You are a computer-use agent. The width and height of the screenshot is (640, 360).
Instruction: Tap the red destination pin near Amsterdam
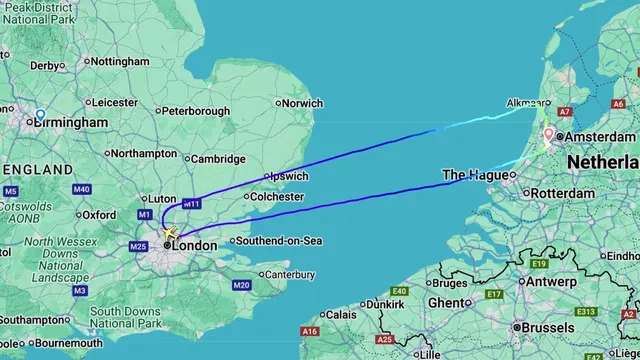pyautogui.click(x=548, y=135)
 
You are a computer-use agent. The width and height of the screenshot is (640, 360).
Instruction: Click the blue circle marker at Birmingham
pyautogui.click(x=40, y=115)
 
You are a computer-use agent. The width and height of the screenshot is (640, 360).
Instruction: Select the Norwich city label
pyautogui.click(x=302, y=103)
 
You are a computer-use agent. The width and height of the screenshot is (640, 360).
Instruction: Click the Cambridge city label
pyautogui.click(x=217, y=158)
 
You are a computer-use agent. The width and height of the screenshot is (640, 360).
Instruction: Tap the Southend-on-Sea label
pyautogui.click(x=277, y=240)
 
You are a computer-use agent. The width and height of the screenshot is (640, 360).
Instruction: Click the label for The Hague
pyautogui.click(x=474, y=175)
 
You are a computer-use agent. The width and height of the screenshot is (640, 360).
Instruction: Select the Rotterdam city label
pyautogui.click(x=564, y=193)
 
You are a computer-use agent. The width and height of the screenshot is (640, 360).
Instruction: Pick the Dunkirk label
pyautogui.click(x=385, y=303)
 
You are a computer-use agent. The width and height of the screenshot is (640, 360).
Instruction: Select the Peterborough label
pyautogui.click(x=196, y=111)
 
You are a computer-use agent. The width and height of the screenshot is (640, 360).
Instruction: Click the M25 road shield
pyautogui.click(x=139, y=246)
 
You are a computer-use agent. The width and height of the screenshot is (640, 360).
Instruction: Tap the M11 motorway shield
pyautogui.click(x=191, y=204)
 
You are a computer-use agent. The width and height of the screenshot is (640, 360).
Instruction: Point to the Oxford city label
pyautogui.click(x=99, y=214)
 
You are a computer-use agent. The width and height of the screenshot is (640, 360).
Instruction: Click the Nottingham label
pyautogui.click(x=119, y=62)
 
